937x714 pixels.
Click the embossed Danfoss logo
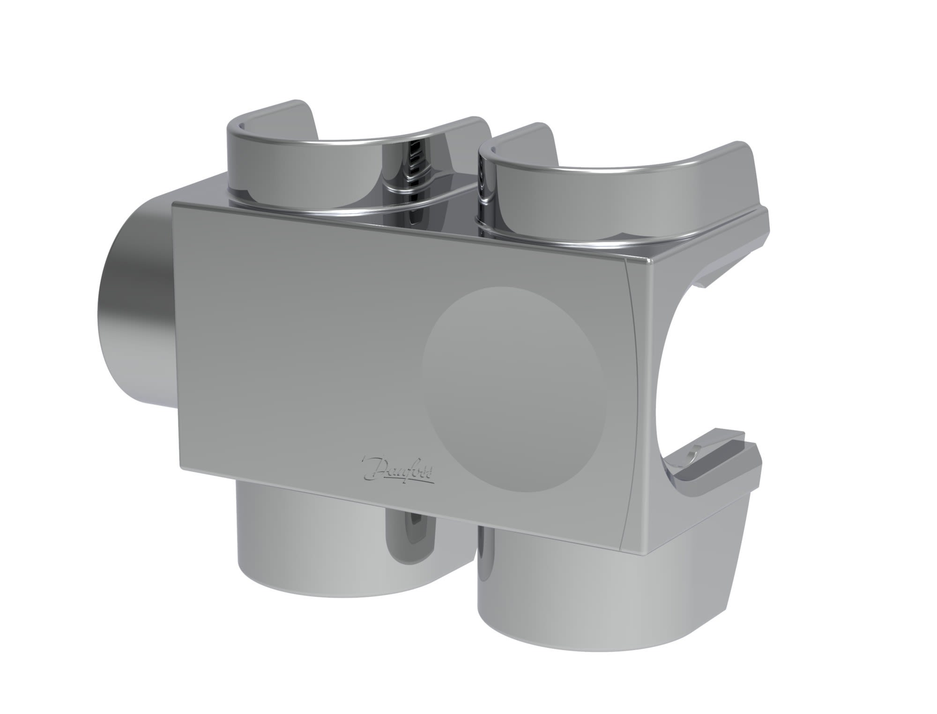[x=398, y=470]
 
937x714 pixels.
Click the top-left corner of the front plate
[x=174, y=204]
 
